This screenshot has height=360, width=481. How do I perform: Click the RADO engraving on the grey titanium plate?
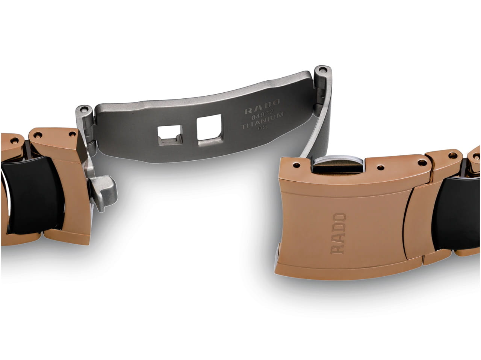[262, 107]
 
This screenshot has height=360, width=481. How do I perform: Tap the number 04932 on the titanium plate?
[262, 114]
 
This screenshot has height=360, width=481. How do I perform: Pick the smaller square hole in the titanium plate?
[170, 135]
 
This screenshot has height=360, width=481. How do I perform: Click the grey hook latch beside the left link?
[102, 192]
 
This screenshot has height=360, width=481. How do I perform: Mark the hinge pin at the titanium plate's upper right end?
[322, 70]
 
